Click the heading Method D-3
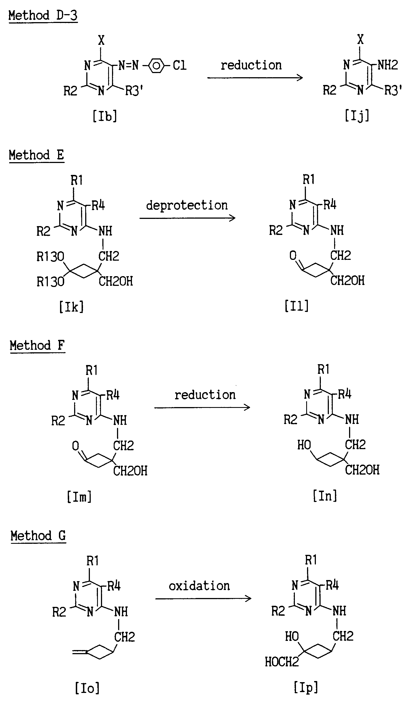pos(43,15)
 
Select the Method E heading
pos(37,155)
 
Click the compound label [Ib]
pos(105,116)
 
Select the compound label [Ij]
pos(357,115)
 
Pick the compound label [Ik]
pos(71,307)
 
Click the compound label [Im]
pos(79,497)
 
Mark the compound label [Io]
pos(87,688)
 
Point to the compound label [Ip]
pos(306,687)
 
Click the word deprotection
pos(187,205)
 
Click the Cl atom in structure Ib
pos(180,65)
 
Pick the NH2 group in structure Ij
pos(388,65)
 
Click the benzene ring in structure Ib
pos(157,66)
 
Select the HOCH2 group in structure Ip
pos(282,662)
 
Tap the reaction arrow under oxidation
pos(203,599)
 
